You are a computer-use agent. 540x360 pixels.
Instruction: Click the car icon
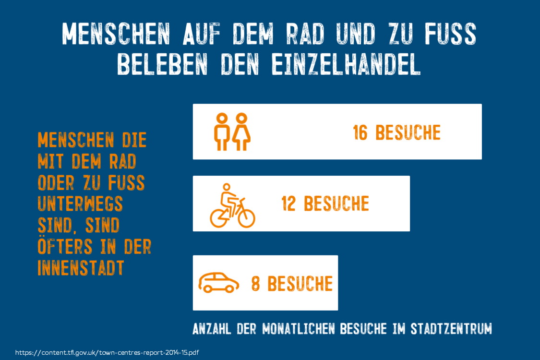pos(219,283)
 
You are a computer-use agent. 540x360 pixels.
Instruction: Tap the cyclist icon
pos(232,205)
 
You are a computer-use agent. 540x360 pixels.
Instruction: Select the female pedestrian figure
pos(241,132)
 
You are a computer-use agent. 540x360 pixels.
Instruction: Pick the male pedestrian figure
pos(222,132)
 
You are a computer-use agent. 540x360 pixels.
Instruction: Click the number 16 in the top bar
pos(360,132)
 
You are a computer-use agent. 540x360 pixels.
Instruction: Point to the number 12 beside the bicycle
pos(288,203)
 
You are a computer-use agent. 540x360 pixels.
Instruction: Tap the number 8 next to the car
pos(255,284)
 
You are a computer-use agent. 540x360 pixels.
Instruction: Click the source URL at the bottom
pos(107,352)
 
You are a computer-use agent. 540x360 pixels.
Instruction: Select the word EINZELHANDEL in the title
pos(346,64)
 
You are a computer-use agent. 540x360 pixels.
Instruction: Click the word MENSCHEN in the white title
pos(116,34)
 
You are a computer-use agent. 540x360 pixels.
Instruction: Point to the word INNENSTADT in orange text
pos(81,268)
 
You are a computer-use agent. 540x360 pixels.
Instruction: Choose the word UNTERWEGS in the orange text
pos(80,204)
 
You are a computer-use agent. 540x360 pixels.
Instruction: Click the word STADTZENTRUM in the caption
pos(451,329)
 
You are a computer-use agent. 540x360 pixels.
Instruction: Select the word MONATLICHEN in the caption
pos(298,329)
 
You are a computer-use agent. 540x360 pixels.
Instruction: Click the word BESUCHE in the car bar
pos(300,284)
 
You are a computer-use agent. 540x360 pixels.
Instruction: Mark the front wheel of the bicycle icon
pos(246,218)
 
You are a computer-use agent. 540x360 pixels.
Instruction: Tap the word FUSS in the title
pos(450,34)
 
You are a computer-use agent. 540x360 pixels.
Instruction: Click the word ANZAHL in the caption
pos(212,329)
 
